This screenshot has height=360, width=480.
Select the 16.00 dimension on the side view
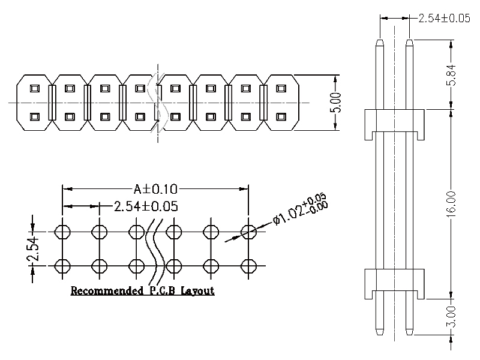pyautogui.click(x=452, y=203)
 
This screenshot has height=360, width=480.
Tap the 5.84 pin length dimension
pyautogui.click(x=452, y=75)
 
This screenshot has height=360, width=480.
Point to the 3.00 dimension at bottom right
pyautogui.click(x=452, y=316)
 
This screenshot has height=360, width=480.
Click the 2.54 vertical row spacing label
pyautogui.click(x=33, y=248)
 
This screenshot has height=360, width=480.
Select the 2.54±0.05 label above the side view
pyautogui.click(x=443, y=18)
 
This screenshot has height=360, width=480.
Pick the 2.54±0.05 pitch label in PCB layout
pyautogui.click(x=146, y=206)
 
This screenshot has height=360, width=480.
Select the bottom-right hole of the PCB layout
pyautogui.click(x=248, y=265)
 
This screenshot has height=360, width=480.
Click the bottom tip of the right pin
pyautogui.click(x=409, y=331)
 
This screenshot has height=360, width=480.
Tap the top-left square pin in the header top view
pyautogui.click(x=35, y=89)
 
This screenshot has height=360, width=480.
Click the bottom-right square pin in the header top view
pyautogui.click(x=280, y=116)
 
